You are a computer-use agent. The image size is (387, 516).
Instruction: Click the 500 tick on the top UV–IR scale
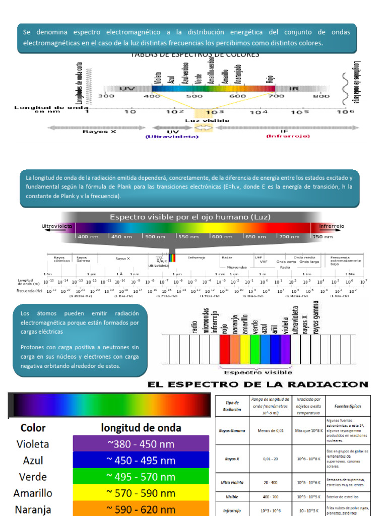(195, 96)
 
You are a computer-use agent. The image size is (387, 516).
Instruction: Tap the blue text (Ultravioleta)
(172, 137)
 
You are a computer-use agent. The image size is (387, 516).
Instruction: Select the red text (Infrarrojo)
(288, 136)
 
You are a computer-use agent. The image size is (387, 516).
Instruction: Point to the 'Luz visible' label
(207, 120)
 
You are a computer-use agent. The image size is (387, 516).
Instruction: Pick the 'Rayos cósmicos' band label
(59, 259)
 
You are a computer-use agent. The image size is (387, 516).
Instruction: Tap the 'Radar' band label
(227, 257)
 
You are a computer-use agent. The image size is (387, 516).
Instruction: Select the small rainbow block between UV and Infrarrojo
(172, 257)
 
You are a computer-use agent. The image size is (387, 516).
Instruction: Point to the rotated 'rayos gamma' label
(316, 317)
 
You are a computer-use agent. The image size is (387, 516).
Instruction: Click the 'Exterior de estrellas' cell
(343, 497)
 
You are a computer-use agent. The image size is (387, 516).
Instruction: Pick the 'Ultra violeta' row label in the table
(232, 482)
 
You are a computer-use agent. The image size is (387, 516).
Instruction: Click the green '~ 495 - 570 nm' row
(141, 477)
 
